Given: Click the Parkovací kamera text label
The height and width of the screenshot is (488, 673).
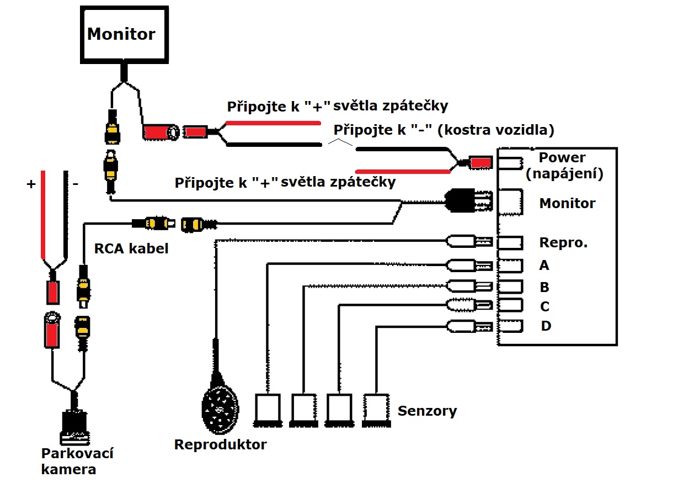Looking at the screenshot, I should click(77, 462).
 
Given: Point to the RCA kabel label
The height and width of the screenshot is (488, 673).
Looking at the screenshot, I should click(131, 249).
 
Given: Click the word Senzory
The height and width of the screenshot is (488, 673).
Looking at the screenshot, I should click(427, 411).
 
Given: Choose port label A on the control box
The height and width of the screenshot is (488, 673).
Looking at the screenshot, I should click(544, 266).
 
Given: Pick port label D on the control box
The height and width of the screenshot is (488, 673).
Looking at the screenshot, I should click(546, 326).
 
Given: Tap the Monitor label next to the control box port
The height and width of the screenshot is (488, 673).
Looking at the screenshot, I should click(567, 203).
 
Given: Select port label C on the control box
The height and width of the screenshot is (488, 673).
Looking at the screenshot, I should click(544, 306).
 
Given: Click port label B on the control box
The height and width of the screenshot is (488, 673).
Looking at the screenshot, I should click(544, 287).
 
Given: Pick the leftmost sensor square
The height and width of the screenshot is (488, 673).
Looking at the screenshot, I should click(269, 409).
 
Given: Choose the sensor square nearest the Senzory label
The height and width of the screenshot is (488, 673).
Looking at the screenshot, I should click(377, 409).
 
